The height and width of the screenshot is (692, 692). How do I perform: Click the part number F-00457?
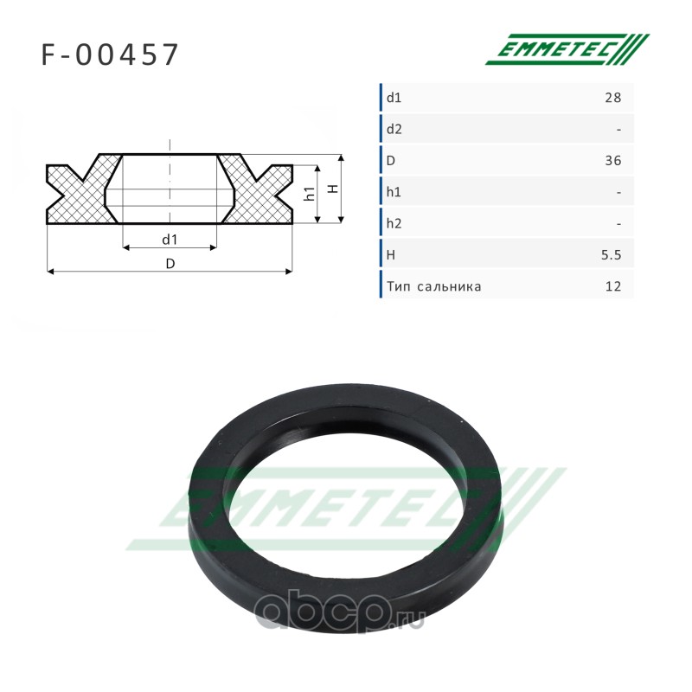pyautogui.click(x=110, y=54)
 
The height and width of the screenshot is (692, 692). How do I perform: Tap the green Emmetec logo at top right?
pyautogui.click(x=567, y=49)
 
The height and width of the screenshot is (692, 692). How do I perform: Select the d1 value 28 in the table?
pyautogui.click(x=613, y=98)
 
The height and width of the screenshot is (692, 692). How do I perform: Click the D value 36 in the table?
pyautogui.click(x=613, y=161)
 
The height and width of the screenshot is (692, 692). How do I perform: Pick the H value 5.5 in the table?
pyautogui.click(x=612, y=254)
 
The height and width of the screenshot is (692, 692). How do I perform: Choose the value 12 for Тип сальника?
pyautogui.click(x=613, y=286)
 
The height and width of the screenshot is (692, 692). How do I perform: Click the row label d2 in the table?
pyautogui.click(x=394, y=129)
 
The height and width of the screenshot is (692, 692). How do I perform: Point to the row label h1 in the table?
pyautogui.click(x=394, y=192)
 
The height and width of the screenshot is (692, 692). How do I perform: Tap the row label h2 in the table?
pyautogui.click(x=394, y=223)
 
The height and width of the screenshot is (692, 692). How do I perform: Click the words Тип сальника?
pyautogui.click(x=434, y=286)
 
